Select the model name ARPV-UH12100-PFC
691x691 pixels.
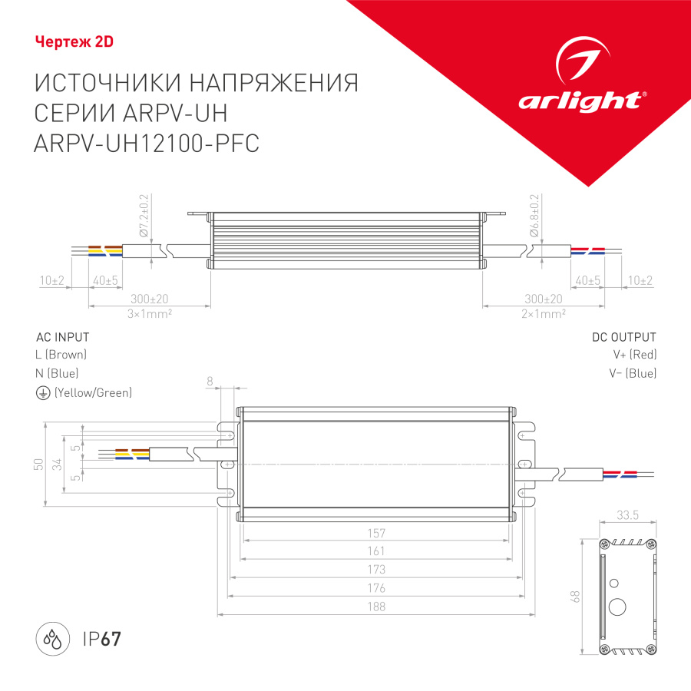click(x=147, y=144)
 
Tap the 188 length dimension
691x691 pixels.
click(x=376, y=607)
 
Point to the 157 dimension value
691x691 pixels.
click(x=376, y=533)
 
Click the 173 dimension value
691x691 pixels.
click(x=376, y=570)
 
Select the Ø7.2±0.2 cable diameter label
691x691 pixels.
click(x=143, y=215)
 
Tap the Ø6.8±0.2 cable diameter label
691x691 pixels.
click(x=534, y=215)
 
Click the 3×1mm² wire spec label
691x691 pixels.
click(x=150, y=313)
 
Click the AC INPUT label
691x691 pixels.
click(x=63, y=337)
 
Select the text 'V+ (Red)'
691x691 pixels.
click(x=634, y=355)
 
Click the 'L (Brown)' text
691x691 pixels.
click(x=61, y=355)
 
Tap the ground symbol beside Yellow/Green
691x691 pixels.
click(x=42, y=392)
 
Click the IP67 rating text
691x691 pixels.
click(x=101, y=639)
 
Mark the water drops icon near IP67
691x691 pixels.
click(x=53, y=639)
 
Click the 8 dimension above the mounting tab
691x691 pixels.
click(x=209, y=380)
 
